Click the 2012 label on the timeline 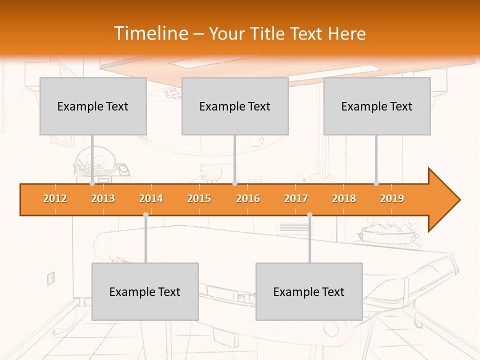click(55, 198)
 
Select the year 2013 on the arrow click(103, 198)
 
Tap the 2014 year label click(151, 198)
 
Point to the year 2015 click(199, 198)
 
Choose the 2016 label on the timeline click(248, 198)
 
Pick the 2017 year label click(296, 198)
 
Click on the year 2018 click(344, 198)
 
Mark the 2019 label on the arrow click(392, 198)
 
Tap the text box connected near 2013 click(93, 106)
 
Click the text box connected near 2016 click(235, 106)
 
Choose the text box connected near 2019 click(377, 106)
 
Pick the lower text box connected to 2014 click(145, 291)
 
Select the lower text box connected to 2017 click(309, 291)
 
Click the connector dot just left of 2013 click(92, 183)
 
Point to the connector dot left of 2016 click(235, 183)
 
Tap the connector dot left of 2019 click(376, 183)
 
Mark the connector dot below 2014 click(145, 214)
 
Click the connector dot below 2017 click(309, 214)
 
